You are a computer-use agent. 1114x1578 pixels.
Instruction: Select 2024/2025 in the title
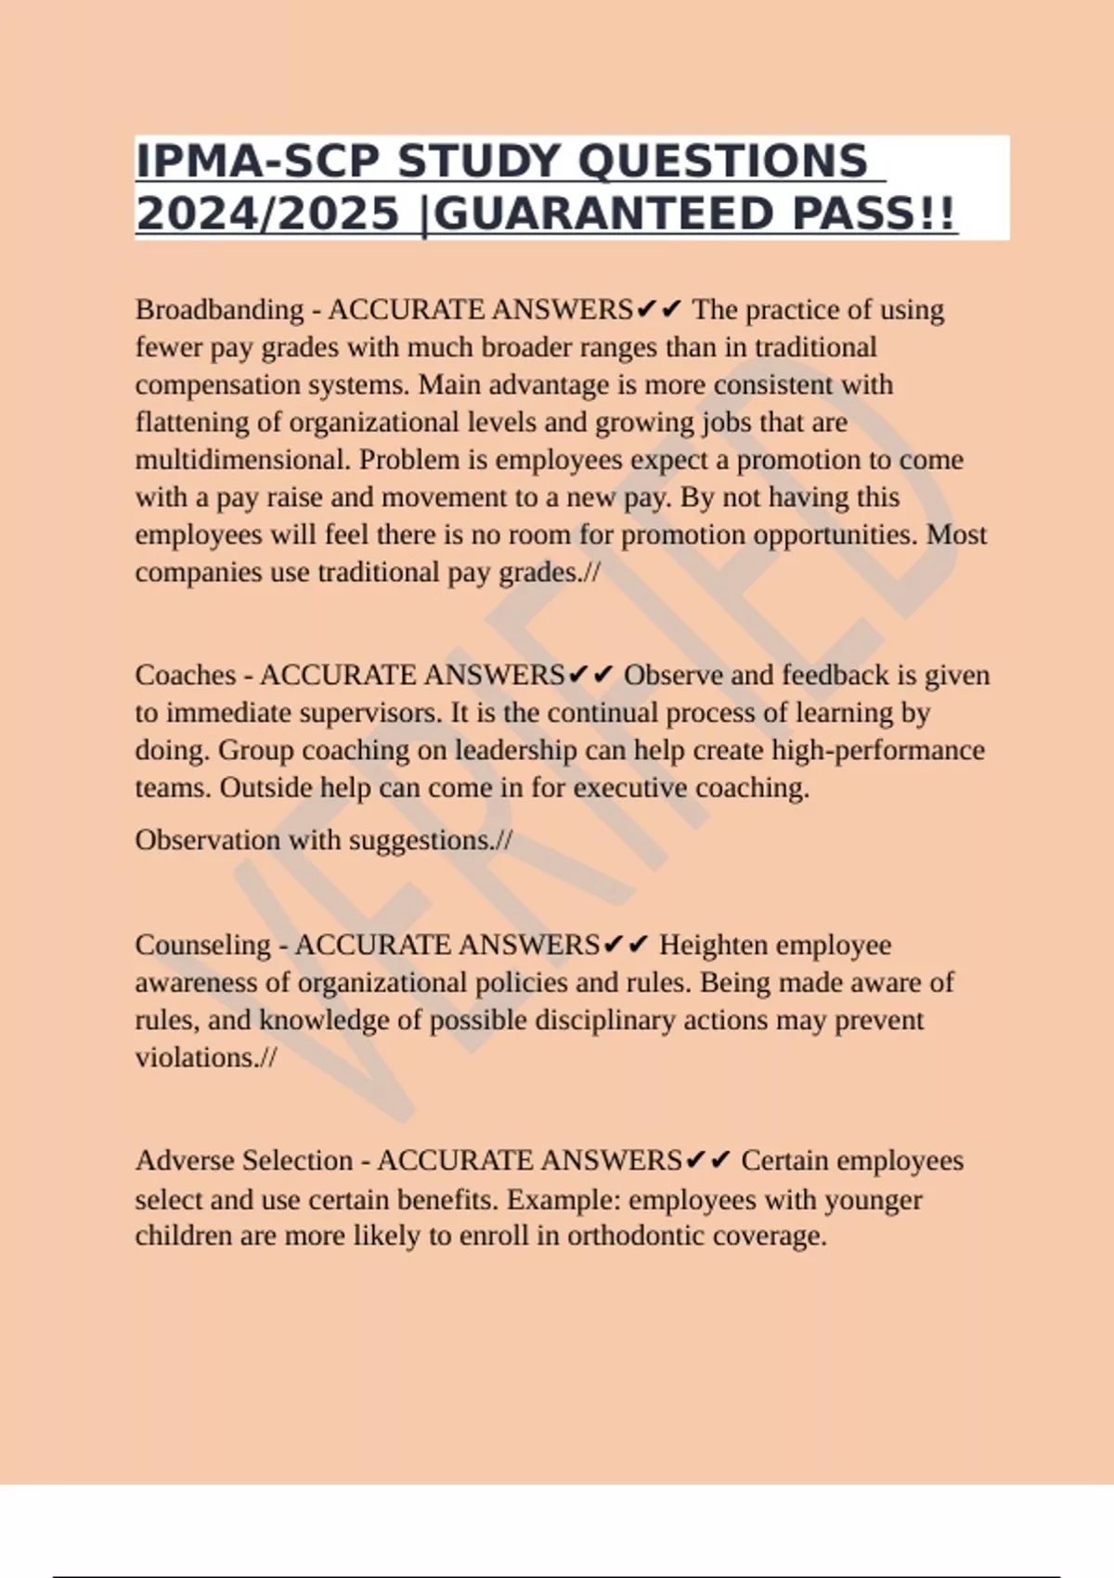click(267, 214)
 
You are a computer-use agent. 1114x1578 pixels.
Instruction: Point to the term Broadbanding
click(219, 309)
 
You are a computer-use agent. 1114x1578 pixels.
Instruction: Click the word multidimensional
click(243, 459)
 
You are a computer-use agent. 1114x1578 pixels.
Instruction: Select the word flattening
click(192, 422)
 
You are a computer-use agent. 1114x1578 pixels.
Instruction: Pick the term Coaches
click(186, 675)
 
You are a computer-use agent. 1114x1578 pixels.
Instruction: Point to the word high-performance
click(878, 750)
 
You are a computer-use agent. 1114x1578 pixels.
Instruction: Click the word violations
click(200, 1058)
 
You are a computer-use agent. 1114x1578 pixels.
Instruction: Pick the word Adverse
click(184, 1160)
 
